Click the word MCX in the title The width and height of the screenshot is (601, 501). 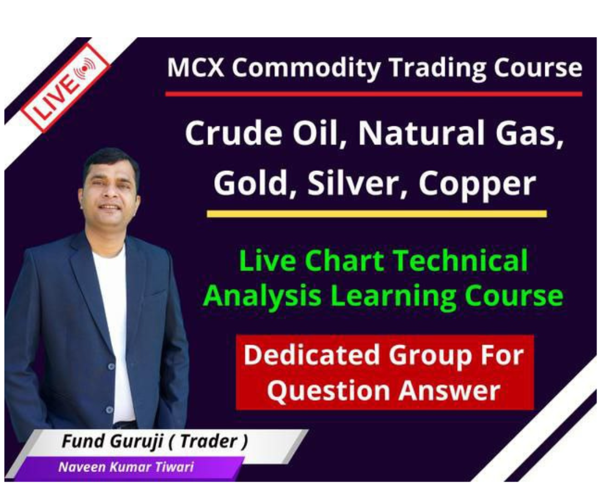point(195,68)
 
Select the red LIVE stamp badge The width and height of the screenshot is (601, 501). point(65,87)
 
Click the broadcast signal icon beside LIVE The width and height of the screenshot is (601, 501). point(86,68)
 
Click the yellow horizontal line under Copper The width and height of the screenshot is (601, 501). point(376,214)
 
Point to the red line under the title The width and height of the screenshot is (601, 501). point(374,94)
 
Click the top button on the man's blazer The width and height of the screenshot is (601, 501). point(111,367)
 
